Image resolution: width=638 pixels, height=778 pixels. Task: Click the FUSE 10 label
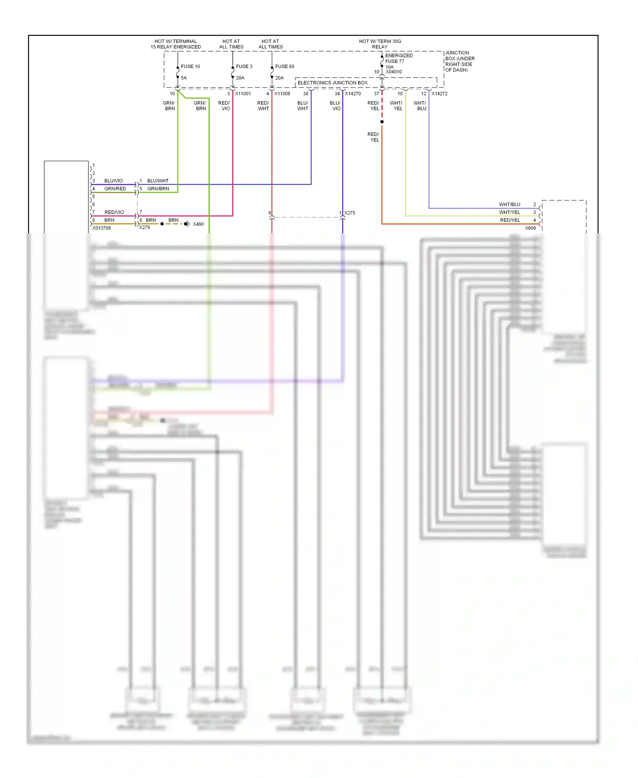[190, 66]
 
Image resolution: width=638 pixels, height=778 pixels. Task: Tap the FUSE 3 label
[244, 66]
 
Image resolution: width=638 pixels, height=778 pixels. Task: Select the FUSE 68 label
[285, 66]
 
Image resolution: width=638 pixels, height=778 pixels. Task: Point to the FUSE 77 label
[395, 61]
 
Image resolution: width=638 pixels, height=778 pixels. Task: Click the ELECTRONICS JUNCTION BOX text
[333, 83]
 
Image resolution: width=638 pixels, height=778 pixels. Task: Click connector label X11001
[243, 94]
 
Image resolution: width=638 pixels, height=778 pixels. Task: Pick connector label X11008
[282, 94]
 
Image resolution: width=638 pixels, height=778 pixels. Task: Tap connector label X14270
[353, 94]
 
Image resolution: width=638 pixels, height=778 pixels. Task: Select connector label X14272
[439, 94]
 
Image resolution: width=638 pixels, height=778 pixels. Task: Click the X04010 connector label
[393, 72]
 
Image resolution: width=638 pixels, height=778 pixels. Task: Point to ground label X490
[198, 224]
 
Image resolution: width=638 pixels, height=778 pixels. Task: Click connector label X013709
[102, 228]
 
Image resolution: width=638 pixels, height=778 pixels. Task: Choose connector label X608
[530, 228]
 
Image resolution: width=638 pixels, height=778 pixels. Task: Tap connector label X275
[350, 213]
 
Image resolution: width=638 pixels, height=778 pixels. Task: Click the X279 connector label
[145, 227]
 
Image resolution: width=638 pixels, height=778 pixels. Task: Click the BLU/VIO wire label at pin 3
[114, 181]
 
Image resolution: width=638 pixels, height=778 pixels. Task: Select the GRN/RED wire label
[115, 189]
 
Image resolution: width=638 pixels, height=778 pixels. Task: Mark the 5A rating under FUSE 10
[184, 78]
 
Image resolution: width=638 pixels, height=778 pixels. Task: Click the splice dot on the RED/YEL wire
[382, 122]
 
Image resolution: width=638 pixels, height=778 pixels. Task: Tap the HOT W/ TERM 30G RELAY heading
[380, 44]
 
